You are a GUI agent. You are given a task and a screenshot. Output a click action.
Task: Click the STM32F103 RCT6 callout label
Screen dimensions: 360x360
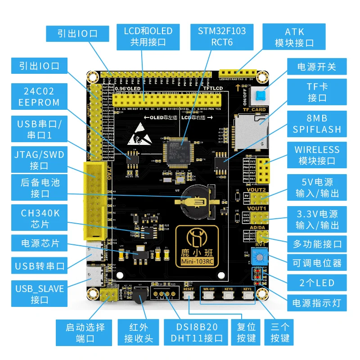point(222,36)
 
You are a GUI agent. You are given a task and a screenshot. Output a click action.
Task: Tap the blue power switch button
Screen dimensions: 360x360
point(260,95)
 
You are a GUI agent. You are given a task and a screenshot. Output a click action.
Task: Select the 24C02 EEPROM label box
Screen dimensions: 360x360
point(39,96)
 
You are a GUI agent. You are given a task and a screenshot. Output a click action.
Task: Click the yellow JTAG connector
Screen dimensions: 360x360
point(95,201)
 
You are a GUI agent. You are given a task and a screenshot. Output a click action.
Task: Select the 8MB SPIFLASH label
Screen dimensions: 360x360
point(317,124)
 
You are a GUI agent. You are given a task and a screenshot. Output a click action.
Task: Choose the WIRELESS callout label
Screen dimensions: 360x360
point(317,155)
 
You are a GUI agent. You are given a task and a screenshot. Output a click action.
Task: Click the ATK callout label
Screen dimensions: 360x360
point(294,37)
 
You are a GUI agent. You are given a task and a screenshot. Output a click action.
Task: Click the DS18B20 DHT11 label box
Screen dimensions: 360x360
point(193,333)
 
